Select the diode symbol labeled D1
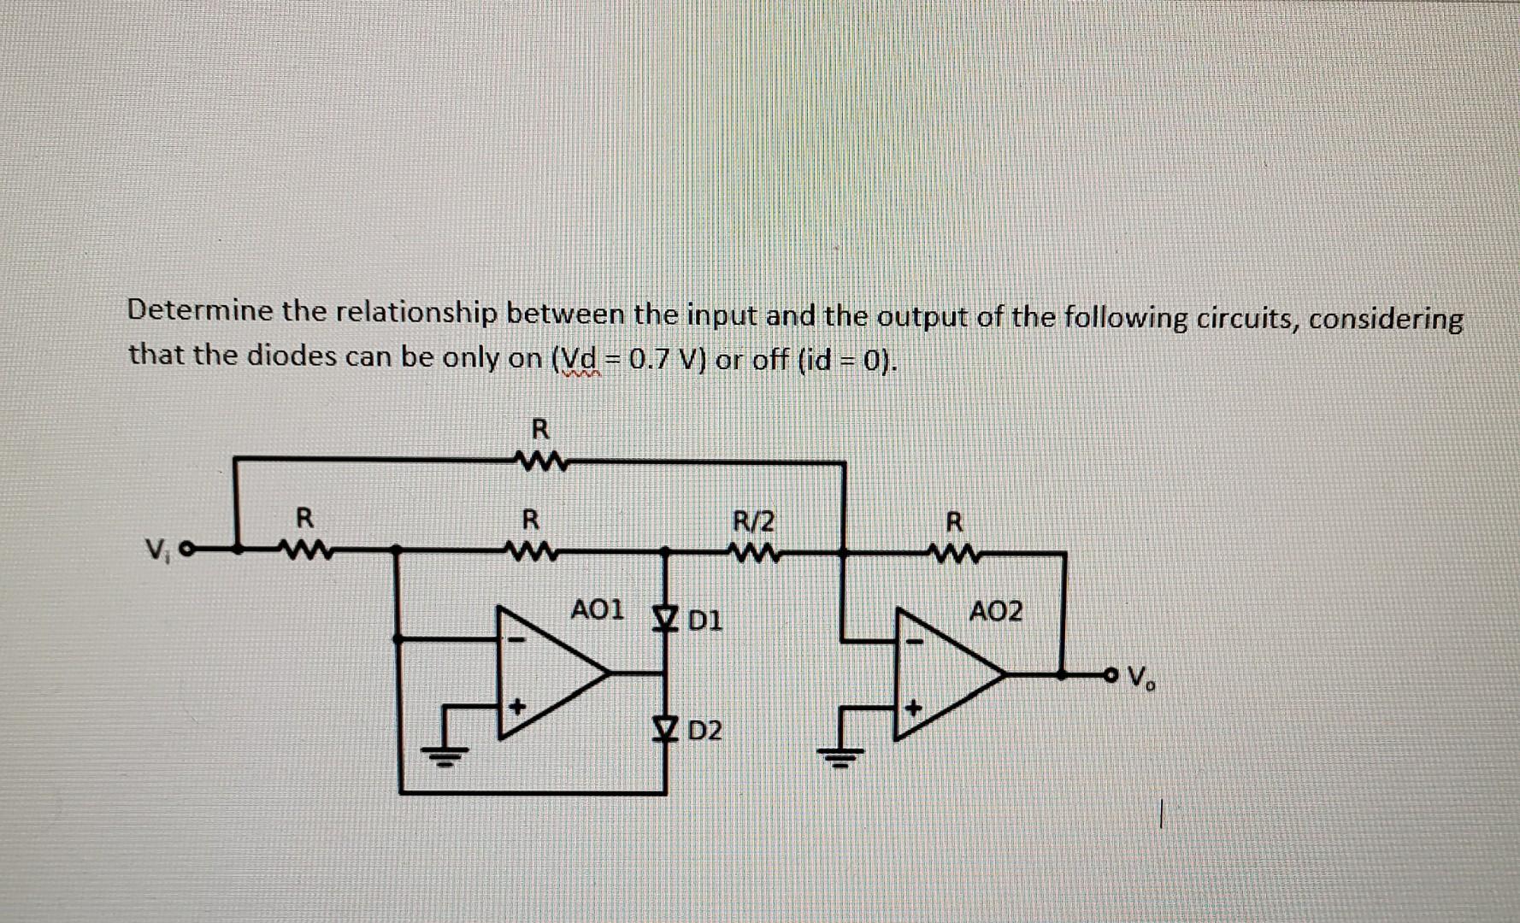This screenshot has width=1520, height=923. (x=663, y=617)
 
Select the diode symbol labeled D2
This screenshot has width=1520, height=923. (x=663, y=728)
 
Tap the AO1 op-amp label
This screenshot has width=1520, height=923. (x=597, y=610)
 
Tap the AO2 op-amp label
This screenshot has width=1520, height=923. (x=995, y=612)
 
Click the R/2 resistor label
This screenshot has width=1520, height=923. (x=754, y=520)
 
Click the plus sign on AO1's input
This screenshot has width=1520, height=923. (x=516, y=707)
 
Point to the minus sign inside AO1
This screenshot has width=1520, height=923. (x=516, y=639)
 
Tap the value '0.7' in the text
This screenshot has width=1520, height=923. (x=651, y=359)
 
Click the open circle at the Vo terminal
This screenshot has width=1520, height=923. (x=1110, y=675)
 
